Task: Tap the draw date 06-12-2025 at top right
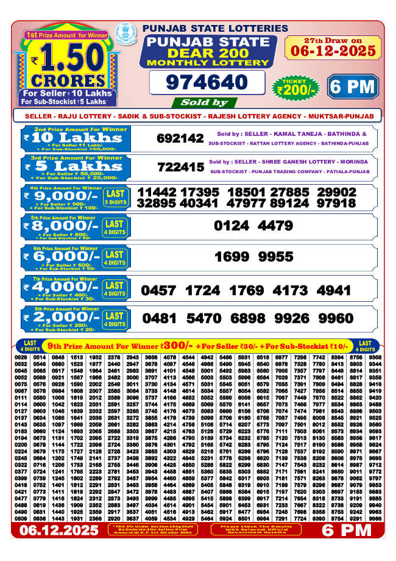click(x=333, y=51)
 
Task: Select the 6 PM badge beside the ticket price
click(x=352, y=87)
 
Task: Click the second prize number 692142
click(x=180, y=138)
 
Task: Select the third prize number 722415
click(x=180, y=166)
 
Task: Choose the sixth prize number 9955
click(x=275, y=257)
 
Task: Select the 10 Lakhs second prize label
click(x=73, y=138)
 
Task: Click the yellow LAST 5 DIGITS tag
click(x=115, y=197)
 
